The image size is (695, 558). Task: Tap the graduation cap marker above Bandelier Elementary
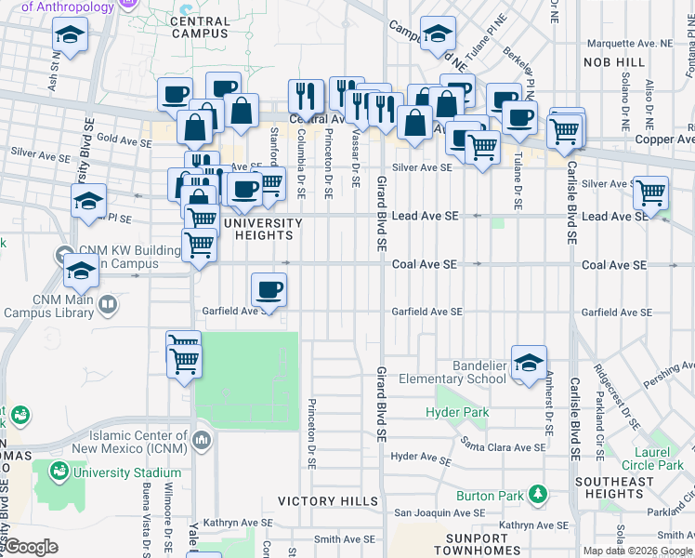coord(529,362)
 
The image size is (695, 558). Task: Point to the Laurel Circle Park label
coord(652,458)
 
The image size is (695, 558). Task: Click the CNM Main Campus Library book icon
coord(108,304)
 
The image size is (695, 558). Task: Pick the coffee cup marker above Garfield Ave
coord(269,289)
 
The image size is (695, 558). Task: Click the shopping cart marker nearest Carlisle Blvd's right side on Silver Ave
coord(650,193)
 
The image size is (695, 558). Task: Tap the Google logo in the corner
coord(31,547)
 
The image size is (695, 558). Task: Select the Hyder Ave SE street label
coord(421,457)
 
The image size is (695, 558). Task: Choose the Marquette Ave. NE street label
coord(627,43)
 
